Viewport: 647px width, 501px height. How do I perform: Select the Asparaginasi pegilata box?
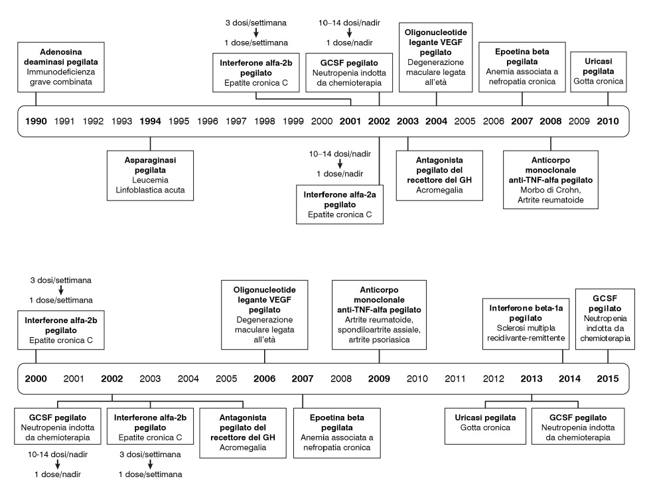coord(150,175)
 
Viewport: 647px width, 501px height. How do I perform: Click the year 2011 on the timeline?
coord(455,379)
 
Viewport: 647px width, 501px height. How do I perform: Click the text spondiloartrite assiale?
coord(379,330)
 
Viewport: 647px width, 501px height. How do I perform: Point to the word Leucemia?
coord(150,180)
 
